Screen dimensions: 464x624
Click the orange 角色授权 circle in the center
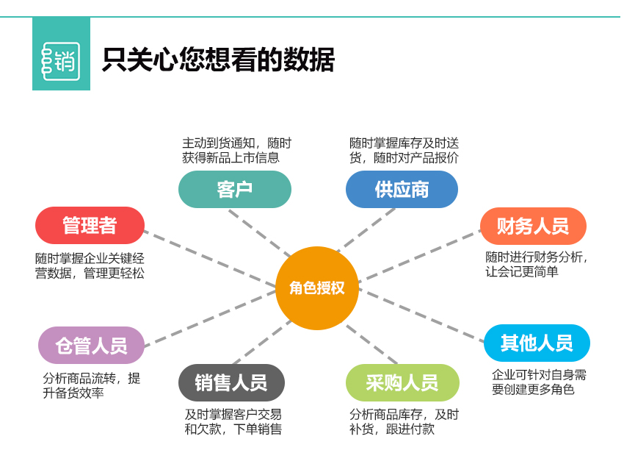coord(316,288)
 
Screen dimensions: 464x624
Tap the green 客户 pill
coord(234,189)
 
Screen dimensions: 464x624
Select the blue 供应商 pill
coord(402,189)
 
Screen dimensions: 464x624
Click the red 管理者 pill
coord(90,225)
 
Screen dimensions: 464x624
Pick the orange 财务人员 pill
coord(533,226)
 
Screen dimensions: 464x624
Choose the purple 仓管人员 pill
coord(91,346)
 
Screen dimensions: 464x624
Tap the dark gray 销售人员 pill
coord(231,382)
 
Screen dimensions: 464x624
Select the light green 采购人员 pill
coord(402,382)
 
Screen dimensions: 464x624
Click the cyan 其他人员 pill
coord(537,343)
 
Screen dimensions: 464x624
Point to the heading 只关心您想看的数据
coord(218,60)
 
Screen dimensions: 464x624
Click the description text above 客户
coord(236,150)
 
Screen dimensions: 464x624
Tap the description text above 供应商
coord(404,150)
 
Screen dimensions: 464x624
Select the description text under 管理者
coord(90,265)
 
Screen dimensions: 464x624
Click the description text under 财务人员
coord(537,264)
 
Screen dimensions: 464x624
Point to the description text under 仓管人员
coord(91,385)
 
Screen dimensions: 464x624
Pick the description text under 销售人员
coord(233,421)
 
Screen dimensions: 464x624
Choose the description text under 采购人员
coord(404,421)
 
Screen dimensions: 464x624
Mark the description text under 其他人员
coord(539,382)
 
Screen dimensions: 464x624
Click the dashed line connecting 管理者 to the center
coord(209,258)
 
